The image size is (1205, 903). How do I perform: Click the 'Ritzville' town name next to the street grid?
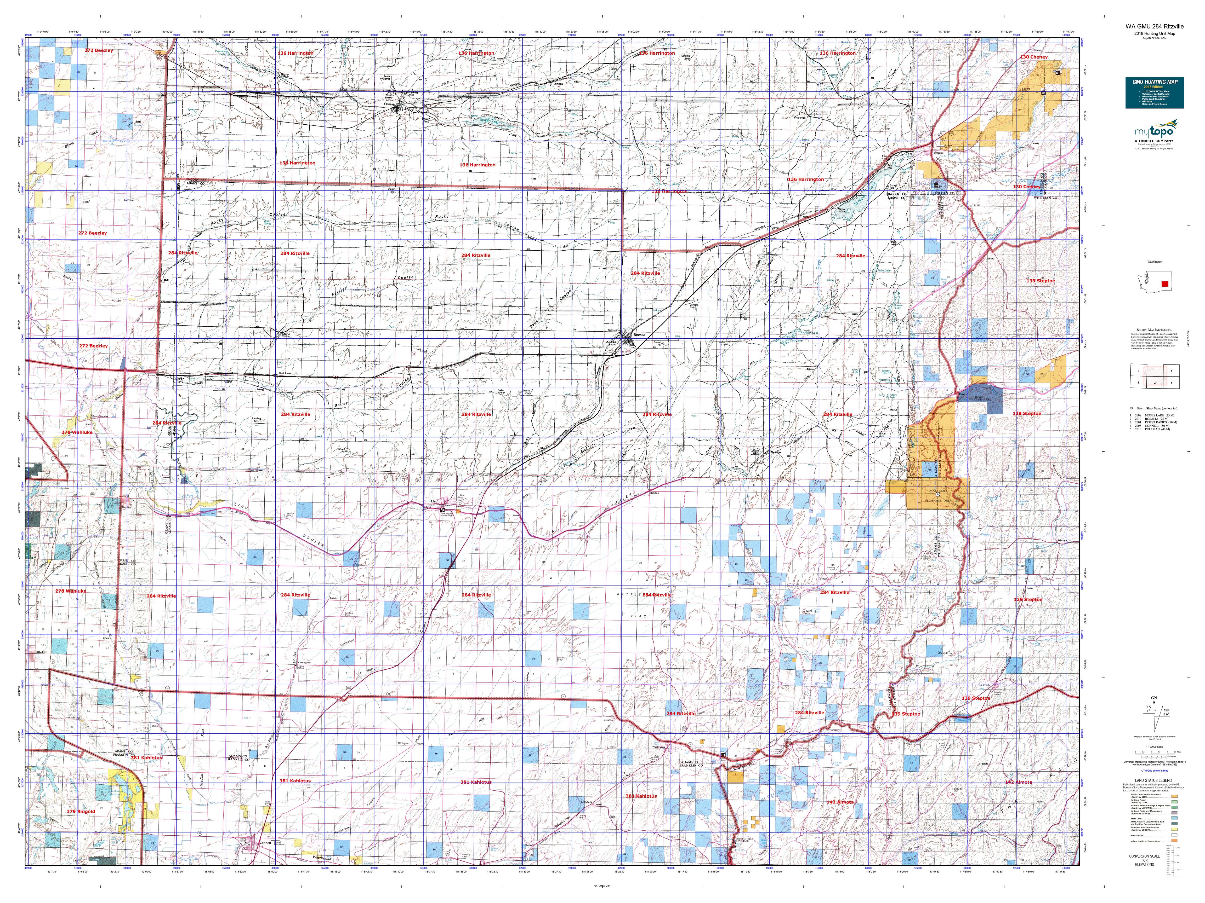(639, 334)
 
